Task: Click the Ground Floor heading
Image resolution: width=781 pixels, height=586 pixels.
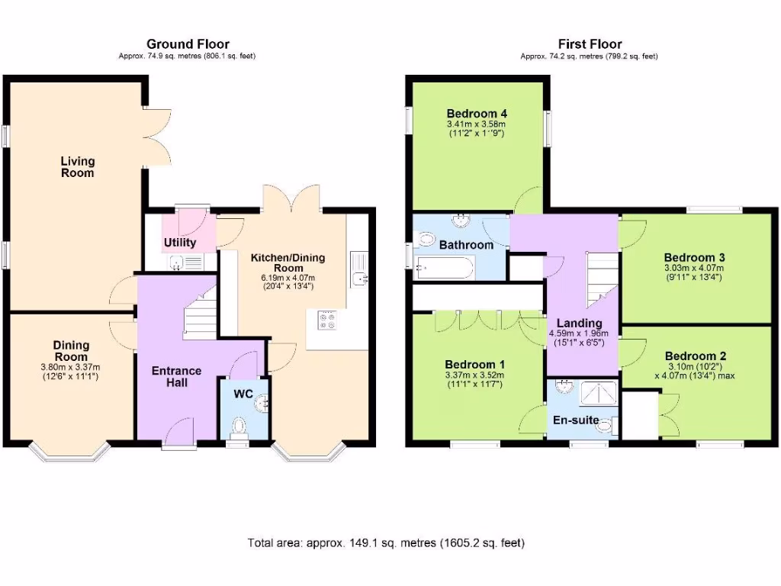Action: click(x=188, y=44)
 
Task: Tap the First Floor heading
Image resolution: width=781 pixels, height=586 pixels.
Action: click(x=589, y=44)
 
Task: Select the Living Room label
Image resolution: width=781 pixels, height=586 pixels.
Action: click(x=78, y=166)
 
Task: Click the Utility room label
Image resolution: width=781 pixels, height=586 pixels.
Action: click(x=180, y=243)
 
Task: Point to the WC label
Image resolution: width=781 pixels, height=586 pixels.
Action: click(x=243, y=394)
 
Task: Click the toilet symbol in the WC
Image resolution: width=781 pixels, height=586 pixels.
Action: click(x=238, y=425)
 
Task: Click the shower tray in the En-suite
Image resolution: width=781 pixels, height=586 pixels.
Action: click(x=600, y=393)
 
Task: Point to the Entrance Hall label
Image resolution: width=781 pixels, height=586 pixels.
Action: click(x=176, y=376)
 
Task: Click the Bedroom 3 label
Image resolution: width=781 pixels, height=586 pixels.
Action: click(x=693, y=257)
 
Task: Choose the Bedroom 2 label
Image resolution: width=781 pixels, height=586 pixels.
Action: click(x=695, y=356)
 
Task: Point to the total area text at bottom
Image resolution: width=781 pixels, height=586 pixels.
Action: click(x=386, y=543)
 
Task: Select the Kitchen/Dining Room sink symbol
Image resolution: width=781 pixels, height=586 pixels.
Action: click(x=358, y=269)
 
